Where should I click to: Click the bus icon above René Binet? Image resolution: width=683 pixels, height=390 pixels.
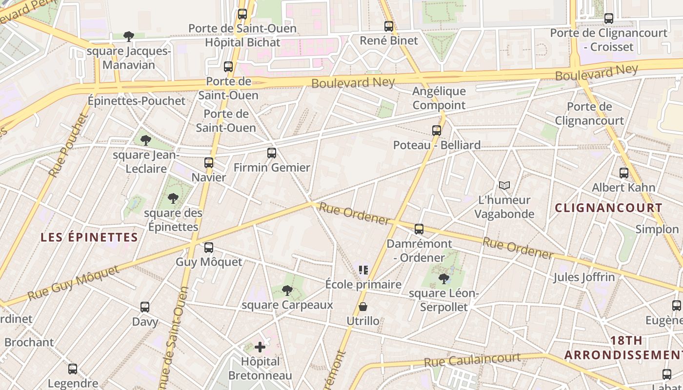[388, 26]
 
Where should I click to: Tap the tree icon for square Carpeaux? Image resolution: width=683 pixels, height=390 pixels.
[287, 291]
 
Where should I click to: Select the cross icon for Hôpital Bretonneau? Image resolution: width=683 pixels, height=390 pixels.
[260, 347]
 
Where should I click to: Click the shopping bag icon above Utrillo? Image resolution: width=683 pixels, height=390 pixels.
[363, 307]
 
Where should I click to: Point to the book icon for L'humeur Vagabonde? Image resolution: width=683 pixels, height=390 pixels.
[504, 186]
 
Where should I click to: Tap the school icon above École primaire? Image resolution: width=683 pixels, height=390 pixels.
[363, 270]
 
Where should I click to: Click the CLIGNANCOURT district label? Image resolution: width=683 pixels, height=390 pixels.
[608, 208]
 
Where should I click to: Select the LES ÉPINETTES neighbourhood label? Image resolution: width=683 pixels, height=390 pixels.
[89, 237]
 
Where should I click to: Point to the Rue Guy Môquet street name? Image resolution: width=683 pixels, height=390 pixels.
[73, 283]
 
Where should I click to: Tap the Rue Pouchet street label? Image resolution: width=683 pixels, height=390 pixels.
[68, 145]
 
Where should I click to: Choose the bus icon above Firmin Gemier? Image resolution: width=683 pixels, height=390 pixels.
[272, 153]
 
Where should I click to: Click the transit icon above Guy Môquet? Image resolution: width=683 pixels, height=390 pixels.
[209, 248]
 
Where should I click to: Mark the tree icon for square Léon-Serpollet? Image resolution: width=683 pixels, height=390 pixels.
[444, 279]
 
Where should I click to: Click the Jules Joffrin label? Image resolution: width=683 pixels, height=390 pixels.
[584, 277]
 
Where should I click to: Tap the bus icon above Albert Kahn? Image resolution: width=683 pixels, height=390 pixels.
[623, 173]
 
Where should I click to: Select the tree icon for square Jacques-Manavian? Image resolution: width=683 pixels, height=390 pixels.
[129, 37]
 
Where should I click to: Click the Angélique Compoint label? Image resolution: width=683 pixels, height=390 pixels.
[439, 98]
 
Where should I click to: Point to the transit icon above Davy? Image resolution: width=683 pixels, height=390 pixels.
[145, 307]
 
